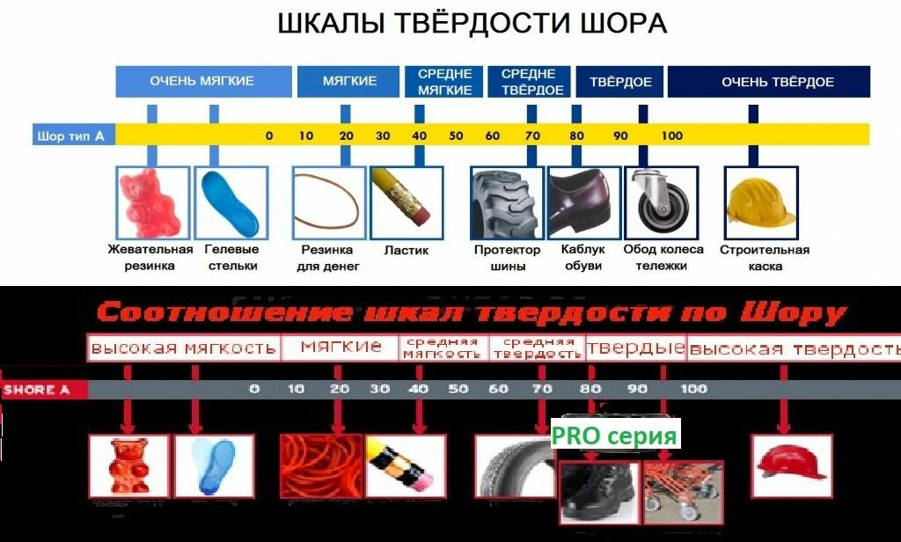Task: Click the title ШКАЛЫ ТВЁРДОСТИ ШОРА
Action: (472, 24)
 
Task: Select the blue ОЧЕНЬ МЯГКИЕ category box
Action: (202, 81)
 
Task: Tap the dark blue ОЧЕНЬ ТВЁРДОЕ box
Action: (768, 82)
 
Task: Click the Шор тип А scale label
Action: (72, 135)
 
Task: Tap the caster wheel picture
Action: (659, 201)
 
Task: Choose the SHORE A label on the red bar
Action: (37, 389)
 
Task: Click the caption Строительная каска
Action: (764, 257)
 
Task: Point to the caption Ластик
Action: (407, 250)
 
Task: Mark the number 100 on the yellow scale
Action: (671, 135)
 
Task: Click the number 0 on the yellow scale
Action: (269, 135)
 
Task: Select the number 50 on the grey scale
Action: (458, 389)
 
